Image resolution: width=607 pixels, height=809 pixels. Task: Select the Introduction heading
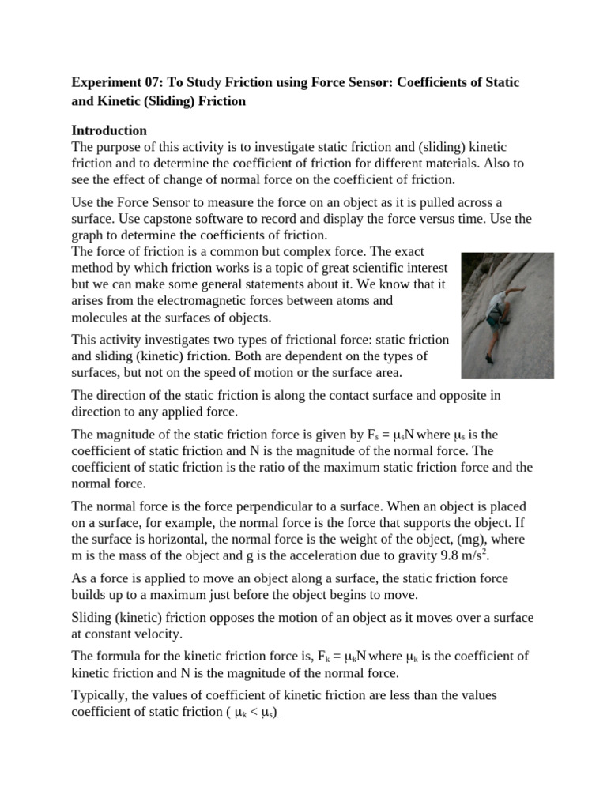point(109,130)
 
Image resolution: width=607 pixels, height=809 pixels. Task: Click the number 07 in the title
point(149,82)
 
